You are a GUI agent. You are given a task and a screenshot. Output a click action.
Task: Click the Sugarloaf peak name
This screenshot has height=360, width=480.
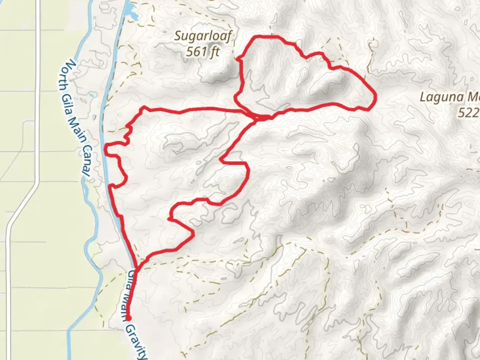(203, 36)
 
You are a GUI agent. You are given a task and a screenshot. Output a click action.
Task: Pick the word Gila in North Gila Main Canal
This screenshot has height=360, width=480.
(69, 103)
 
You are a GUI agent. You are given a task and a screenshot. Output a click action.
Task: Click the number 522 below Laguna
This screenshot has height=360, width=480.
(468, 113)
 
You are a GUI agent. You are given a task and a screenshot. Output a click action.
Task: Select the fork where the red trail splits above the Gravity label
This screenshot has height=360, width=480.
(137, 266)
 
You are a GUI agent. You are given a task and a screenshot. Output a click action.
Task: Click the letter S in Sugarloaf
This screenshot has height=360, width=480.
(178, 36)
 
